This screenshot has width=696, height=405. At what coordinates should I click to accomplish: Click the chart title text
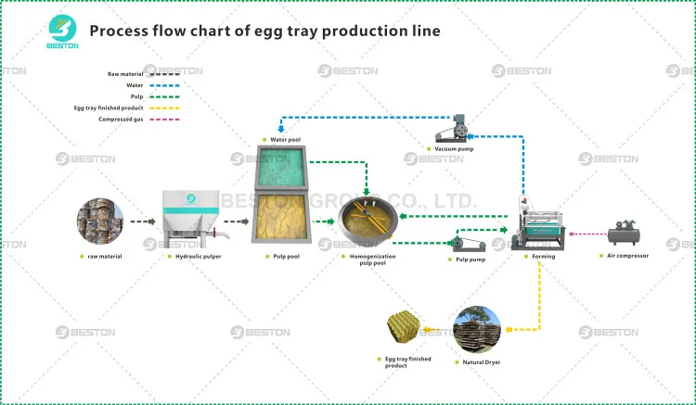click(264, 31)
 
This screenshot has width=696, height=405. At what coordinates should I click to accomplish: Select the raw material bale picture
click(99, 221)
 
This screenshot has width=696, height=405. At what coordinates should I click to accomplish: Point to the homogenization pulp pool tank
click(367, 221)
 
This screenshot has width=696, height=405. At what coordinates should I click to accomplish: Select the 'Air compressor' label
click(630, 256)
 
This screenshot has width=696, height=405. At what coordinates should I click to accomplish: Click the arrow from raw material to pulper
click(141, 221)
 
